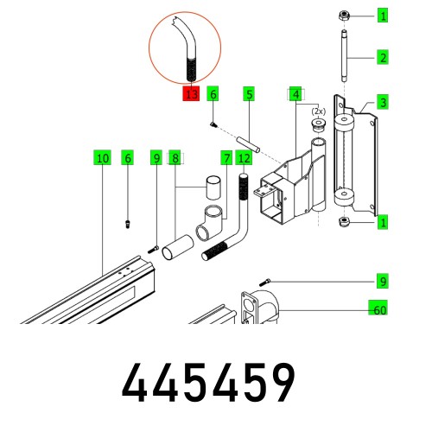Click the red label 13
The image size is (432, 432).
pyautogui.click(x=191, y=94)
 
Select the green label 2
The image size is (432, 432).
pyautogui.click(x=383, y=58)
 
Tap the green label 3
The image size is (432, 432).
pyautogui.click(x=383, y=102)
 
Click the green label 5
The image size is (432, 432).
pyautogui.click(x=249, y=94)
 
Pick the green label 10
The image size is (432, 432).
pyautogui.click(x=103, y=158)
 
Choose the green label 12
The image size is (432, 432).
pyautogui.click(x=244, y=158)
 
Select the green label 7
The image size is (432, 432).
pyautogui.click(x=226, y=158)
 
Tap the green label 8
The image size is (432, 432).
pyautogui.click(x=175, y=158)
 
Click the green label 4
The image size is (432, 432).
pyautogui.click(x=295, y=94)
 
